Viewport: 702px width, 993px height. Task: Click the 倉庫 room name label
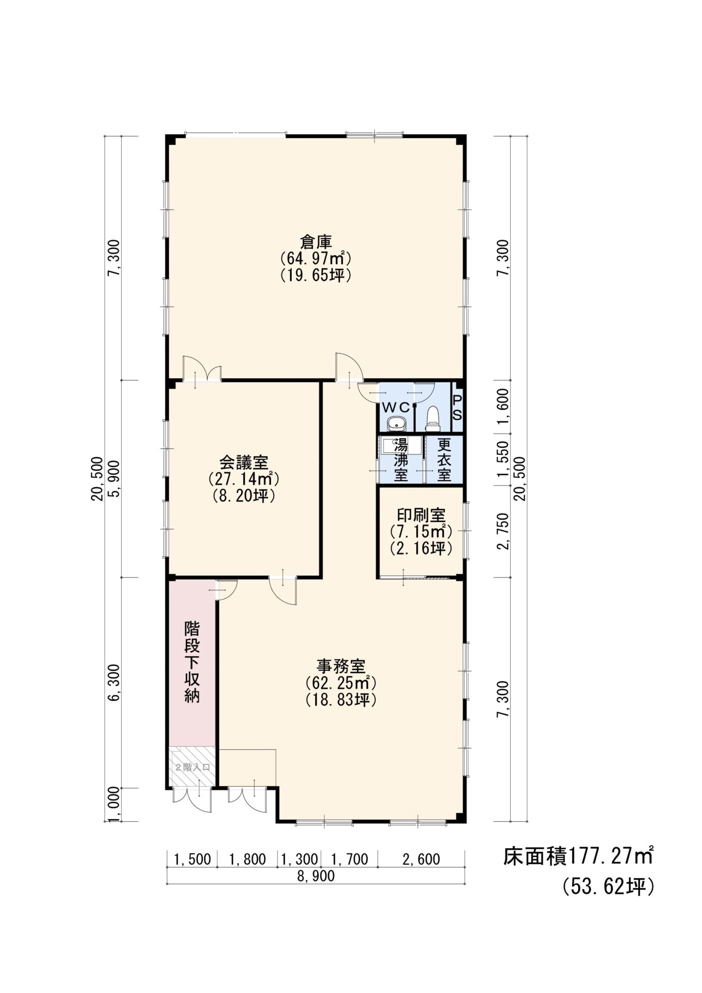click(316, 241)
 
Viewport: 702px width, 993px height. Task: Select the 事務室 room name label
click(341, 665)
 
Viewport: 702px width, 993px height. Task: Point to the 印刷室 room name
click(421, 515)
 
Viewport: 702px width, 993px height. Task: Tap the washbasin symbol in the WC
click(397, 423)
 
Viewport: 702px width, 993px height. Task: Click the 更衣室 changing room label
click(444, 460)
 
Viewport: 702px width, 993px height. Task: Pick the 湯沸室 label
click(401, 460)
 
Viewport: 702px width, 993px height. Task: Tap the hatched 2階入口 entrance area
click(192, 767)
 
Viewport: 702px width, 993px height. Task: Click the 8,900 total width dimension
click(316, 876)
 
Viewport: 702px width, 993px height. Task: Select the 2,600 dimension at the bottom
click(421, 860)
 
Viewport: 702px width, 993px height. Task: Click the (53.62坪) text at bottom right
click(609, 887)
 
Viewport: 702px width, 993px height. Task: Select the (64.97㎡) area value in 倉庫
click(316, 258)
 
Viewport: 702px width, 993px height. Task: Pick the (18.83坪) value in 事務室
click(341, 699)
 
